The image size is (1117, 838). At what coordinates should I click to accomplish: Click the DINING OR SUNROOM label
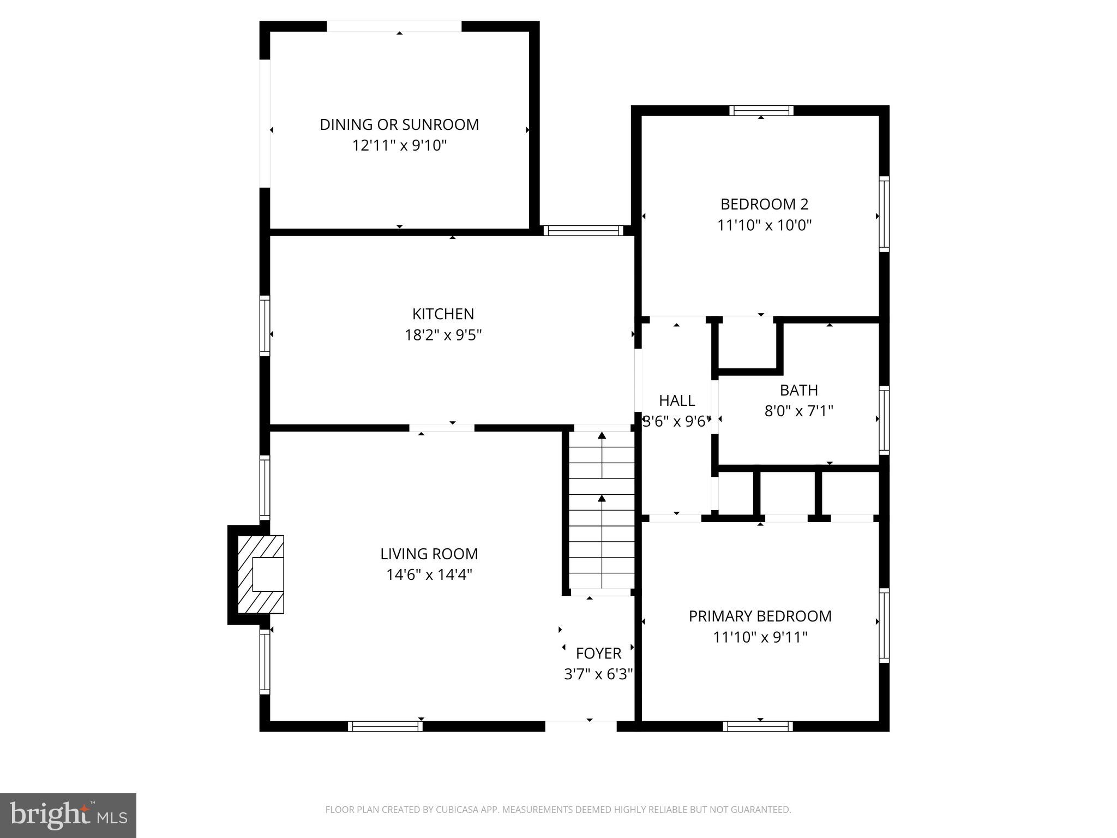(x=399, y=124)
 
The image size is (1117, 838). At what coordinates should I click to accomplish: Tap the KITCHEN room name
(x=443, y=314)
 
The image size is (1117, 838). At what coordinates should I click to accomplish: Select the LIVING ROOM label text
(x=429, y=554)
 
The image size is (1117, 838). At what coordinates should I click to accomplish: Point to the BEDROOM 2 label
(x=764, y=204)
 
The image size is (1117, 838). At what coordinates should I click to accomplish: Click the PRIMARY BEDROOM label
(x=760, y=616)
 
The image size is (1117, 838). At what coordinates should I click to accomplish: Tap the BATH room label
(x=798, y=390)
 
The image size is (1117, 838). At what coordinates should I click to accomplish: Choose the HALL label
(x=677, y=400)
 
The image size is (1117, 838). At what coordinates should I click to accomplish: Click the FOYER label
(x=598, y=653)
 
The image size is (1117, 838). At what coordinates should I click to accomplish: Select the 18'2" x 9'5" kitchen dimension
(x=443, y=335)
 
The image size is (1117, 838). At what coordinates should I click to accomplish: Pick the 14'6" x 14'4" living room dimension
(x=429, y=575)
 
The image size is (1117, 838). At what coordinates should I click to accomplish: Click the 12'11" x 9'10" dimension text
(x=399, y=146)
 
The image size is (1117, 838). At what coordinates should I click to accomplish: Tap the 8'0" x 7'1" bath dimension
(x=798, y=411)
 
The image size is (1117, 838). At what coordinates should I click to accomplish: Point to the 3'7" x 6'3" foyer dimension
(x=598, y=674)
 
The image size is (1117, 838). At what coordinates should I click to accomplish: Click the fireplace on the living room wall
(x=261, y=574)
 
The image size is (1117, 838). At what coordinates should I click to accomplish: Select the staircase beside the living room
(x=602, y=510)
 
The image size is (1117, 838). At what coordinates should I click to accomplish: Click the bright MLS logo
(x=68, y=816)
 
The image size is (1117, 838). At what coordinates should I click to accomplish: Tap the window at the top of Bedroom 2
(x=761, y=111)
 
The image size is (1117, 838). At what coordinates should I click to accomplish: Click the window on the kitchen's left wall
(x=265, y=326)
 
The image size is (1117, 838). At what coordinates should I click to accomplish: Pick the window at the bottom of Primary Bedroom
(x=758, y=726)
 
